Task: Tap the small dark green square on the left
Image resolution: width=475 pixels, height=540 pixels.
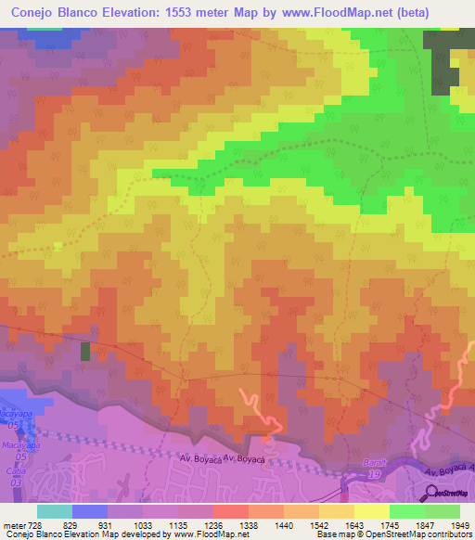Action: [86, 351]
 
